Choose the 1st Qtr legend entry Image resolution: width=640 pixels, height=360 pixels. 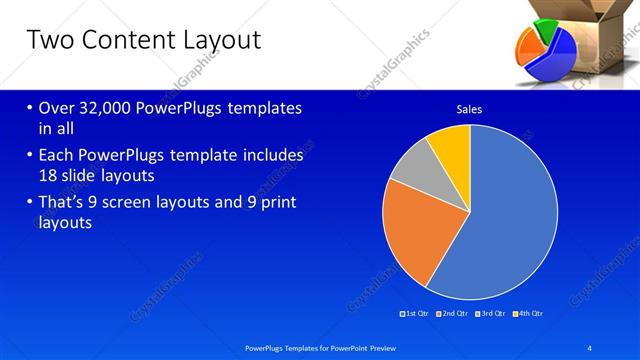[414, 313]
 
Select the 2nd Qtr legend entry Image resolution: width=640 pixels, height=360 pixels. [454, 313]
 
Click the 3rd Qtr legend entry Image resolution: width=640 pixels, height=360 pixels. [491, 313]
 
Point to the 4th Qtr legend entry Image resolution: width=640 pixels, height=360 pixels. [529, 313]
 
